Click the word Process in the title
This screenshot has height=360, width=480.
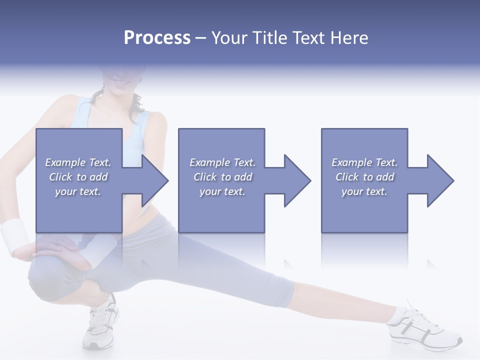pyautogui.click(x=157, y=38)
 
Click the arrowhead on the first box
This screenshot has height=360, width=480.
pyautogui.click(x=153, y=180)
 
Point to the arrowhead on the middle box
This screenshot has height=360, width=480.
pyautogui.click(x=295, y=180)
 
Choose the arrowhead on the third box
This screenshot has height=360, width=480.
pyautogui.click(x=438, y=180)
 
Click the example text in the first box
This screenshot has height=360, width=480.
pyautogui.click(x=78, y=177)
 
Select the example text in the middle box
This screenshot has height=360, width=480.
pyautogui.click(x=222, y=177)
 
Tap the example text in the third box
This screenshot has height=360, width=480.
pyautogui.click(x=364, y=177)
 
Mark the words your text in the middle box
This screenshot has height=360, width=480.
pyautogui.click(x=222, y=191)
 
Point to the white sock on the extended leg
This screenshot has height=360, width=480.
pyautogui.click(x=398, y=314)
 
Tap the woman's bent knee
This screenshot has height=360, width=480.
pyautogui.click(x=42, y=280)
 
